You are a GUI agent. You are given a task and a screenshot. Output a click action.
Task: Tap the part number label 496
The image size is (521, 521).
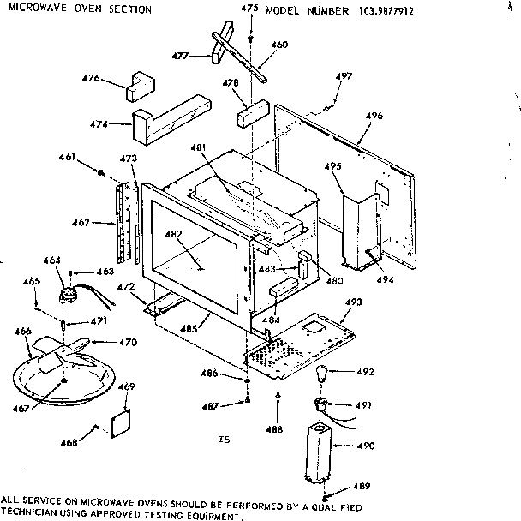[x=374, y=114]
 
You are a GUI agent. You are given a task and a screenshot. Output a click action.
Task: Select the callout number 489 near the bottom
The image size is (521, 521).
[x=362, y=487]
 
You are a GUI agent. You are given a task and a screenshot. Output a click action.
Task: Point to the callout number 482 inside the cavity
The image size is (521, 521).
[x=172, y=234]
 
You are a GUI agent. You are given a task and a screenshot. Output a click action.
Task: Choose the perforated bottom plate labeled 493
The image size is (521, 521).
[x=300, y=338]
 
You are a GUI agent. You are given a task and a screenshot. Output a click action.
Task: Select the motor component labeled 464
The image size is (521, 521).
[x=68, y=294]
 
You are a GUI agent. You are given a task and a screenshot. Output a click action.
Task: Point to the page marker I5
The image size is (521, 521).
[x=224, y=440]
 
